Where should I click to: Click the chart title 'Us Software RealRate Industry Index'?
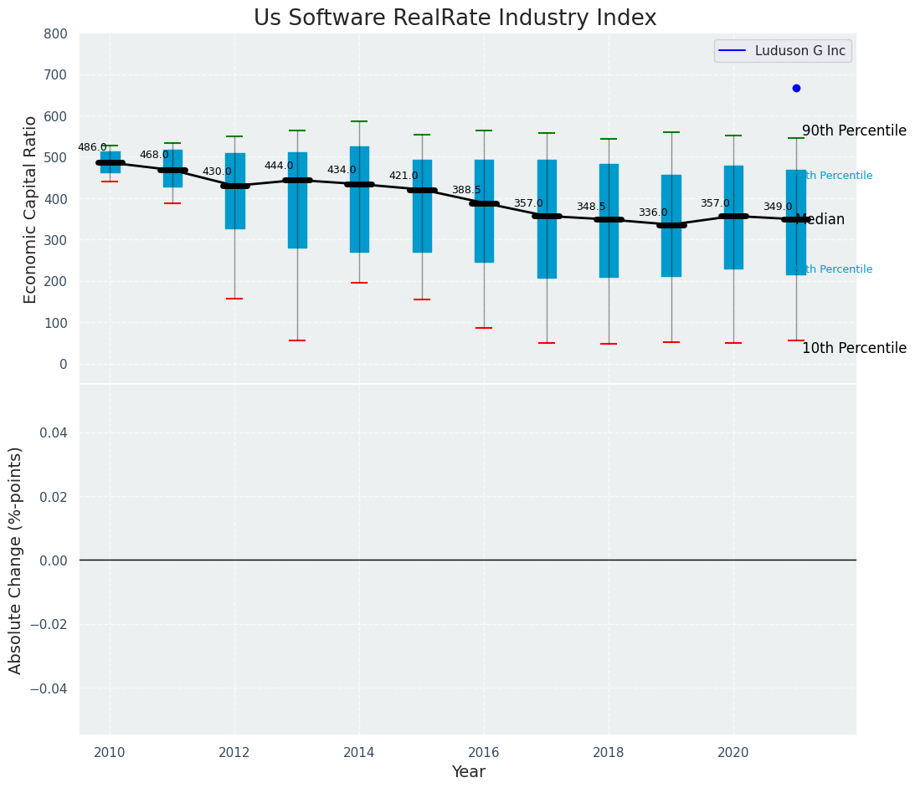pos(455,18)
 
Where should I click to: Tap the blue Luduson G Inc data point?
pos(796,88)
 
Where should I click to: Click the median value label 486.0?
pos(92,147)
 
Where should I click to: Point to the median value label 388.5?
pos(466,190)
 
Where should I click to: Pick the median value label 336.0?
pos(653,212)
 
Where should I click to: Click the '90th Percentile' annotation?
pos(854,130)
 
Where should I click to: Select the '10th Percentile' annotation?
pos(854,348)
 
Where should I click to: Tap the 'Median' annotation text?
pos(820,219)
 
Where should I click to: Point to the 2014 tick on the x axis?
pos(359,752)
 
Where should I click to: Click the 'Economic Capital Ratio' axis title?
pos(31,209)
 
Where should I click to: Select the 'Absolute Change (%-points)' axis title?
pos(16,560)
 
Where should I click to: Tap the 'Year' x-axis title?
pos(468,771)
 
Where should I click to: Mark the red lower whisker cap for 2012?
pos(234,299)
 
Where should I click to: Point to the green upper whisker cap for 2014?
pos(359,121)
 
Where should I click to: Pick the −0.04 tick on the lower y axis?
pos(49,688)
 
